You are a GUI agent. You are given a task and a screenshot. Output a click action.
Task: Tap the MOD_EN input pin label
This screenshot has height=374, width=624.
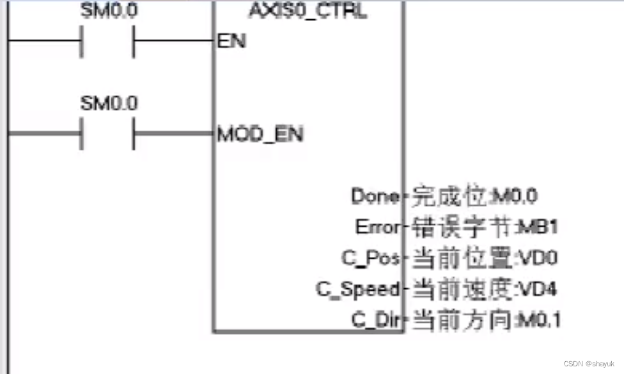point(260,134)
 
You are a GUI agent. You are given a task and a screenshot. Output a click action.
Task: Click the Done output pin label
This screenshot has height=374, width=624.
point(375,196)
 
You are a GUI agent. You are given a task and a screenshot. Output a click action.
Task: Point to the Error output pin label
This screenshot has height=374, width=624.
point(377,227)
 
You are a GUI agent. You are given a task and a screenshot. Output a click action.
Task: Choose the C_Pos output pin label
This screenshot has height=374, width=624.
point(371,258)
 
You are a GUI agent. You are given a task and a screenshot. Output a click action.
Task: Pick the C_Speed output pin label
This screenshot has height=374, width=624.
point(358,289)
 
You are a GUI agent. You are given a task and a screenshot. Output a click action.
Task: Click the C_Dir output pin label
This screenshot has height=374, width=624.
point(376,320)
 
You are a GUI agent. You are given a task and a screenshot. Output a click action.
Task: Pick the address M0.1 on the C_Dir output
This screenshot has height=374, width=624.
point(538,320)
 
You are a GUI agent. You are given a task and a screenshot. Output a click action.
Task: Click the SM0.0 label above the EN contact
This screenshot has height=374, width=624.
point(109,11)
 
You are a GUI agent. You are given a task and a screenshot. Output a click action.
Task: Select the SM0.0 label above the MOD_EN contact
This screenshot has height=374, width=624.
point(109,103)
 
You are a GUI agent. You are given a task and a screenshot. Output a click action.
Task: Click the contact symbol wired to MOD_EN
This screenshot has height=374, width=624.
point(107,134)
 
